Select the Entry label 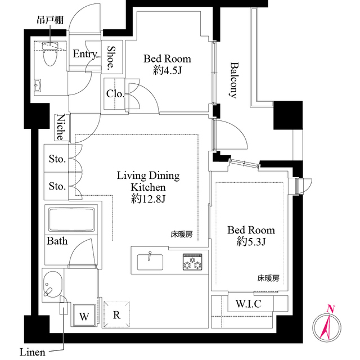point(84,54)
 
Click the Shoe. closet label point(111,57)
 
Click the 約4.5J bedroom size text point(167,71)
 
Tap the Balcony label point(233,80)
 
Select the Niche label point(60,128)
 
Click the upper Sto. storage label point(57,159)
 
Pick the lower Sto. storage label point(57,186)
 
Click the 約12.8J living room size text point(148,199)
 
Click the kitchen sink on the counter point(150,262)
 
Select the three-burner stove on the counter point(191,262)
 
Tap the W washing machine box point(84,316)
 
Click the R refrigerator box point(116,315)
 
